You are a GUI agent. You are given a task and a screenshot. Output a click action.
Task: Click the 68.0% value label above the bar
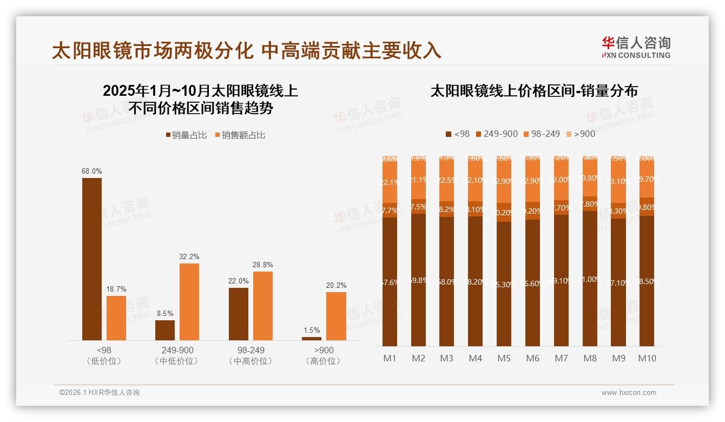tap(92, 172)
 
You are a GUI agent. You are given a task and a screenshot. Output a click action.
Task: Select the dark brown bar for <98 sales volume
tap(92, 260)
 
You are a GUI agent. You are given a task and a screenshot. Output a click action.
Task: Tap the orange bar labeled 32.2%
tap(189, 302)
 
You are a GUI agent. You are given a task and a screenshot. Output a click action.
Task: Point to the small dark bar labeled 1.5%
tap(312, 339)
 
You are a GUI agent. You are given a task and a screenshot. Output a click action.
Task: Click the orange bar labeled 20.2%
tap(336, 316)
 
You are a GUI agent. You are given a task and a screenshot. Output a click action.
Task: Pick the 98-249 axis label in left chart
tap(251, 350)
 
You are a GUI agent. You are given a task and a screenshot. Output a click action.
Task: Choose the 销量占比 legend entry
tap(186, 135)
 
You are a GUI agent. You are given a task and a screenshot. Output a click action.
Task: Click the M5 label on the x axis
tap(504, 358)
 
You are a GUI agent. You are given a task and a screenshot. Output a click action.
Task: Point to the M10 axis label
tap(647, 358)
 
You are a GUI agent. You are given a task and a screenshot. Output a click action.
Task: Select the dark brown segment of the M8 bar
tap(590, 279)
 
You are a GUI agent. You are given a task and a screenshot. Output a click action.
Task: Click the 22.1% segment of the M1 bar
tap(390, 183)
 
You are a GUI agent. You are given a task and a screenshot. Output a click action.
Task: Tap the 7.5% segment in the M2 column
tap(418, 207)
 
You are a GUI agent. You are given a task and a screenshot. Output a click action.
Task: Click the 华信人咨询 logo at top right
tap(636, 47)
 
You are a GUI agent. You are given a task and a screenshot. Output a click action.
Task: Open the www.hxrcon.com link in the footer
tap(629, 393)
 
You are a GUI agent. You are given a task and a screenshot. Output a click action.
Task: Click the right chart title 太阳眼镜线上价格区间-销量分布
tap(533, 91)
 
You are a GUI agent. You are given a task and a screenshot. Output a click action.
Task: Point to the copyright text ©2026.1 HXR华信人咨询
tap(100, 393)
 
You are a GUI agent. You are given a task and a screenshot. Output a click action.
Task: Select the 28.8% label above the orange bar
tap(263, 265)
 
